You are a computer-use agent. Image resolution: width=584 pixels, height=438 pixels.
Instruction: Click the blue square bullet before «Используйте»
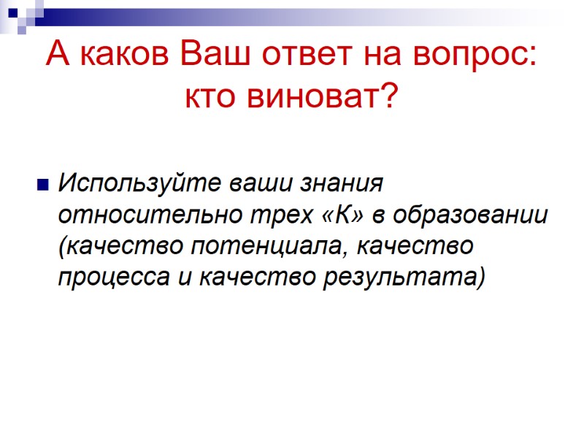(42, 183)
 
